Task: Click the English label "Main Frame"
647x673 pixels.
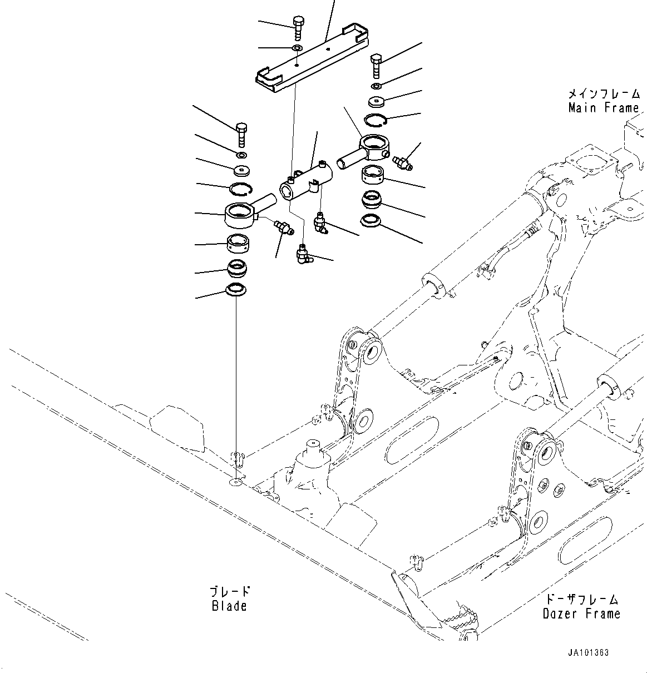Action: point(603,108)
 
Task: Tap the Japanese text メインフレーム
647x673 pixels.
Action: point(603,93)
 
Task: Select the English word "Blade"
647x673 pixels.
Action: point(229,606)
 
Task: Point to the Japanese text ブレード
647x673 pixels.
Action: point(229,591)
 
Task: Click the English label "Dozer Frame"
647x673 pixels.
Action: point(581,613)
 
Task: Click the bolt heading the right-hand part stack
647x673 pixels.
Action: point(376,66)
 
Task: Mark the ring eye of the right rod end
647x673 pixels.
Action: point(376,146)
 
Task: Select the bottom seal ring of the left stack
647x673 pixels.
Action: point(236,289)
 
